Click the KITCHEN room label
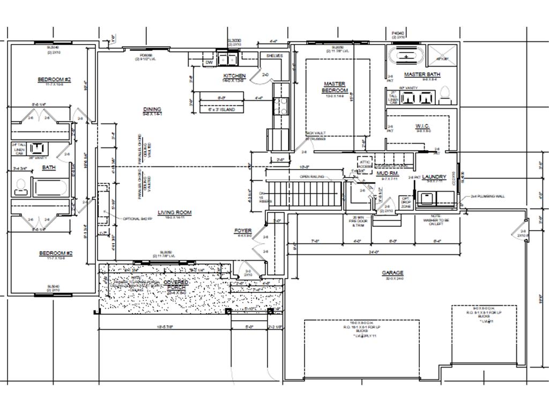[x=234, y=76]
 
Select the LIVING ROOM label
[x=174, y=212]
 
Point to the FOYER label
[x=243, y=231]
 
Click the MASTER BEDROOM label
[x=335, y=87]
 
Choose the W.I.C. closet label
[x=423, y=127]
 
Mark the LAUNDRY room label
[x=434, y=177]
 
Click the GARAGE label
[x=392, y=273]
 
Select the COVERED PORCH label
[x=176, y=284]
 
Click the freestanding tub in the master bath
[x=407, y=56]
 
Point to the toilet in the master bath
[x=444, y=95]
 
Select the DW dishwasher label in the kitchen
[x=210, y=63]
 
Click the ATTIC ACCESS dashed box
[x=365, y=164]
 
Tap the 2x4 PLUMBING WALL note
[x=487, y=196]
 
